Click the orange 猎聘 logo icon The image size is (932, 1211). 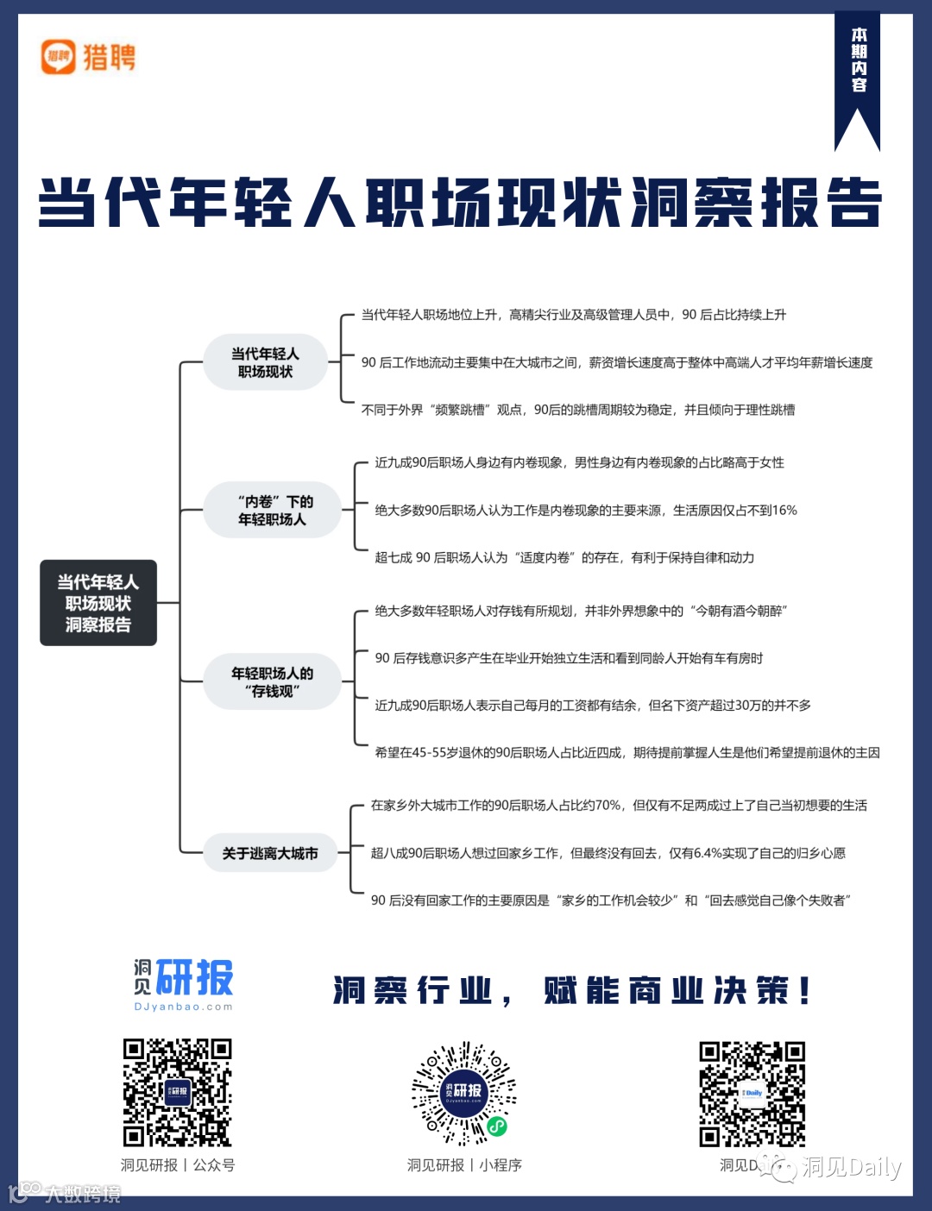point(59,57)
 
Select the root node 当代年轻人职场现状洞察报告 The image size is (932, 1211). point(98,603)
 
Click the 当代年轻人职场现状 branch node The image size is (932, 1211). point(265,362)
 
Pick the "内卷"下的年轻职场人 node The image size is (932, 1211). point(273,510)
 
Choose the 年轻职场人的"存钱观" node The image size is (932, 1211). point(273,681)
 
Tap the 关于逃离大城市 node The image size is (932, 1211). point(270,853)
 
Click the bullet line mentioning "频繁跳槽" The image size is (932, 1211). point(577,410)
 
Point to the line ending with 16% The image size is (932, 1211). point(585,510)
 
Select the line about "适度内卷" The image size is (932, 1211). point(564,557)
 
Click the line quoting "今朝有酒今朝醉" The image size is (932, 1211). point(581,611)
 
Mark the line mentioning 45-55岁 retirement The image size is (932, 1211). point(627,752)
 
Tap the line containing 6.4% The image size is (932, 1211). point(608,853)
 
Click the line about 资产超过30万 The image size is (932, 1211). point(593,705)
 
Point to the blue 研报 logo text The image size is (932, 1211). point(194,978)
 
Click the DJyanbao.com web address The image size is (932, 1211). point(183,1007)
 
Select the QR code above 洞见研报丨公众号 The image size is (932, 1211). point(177,1092)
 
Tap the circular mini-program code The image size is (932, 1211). point(464,1092)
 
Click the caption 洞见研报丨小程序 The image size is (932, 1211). point(464,1165)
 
